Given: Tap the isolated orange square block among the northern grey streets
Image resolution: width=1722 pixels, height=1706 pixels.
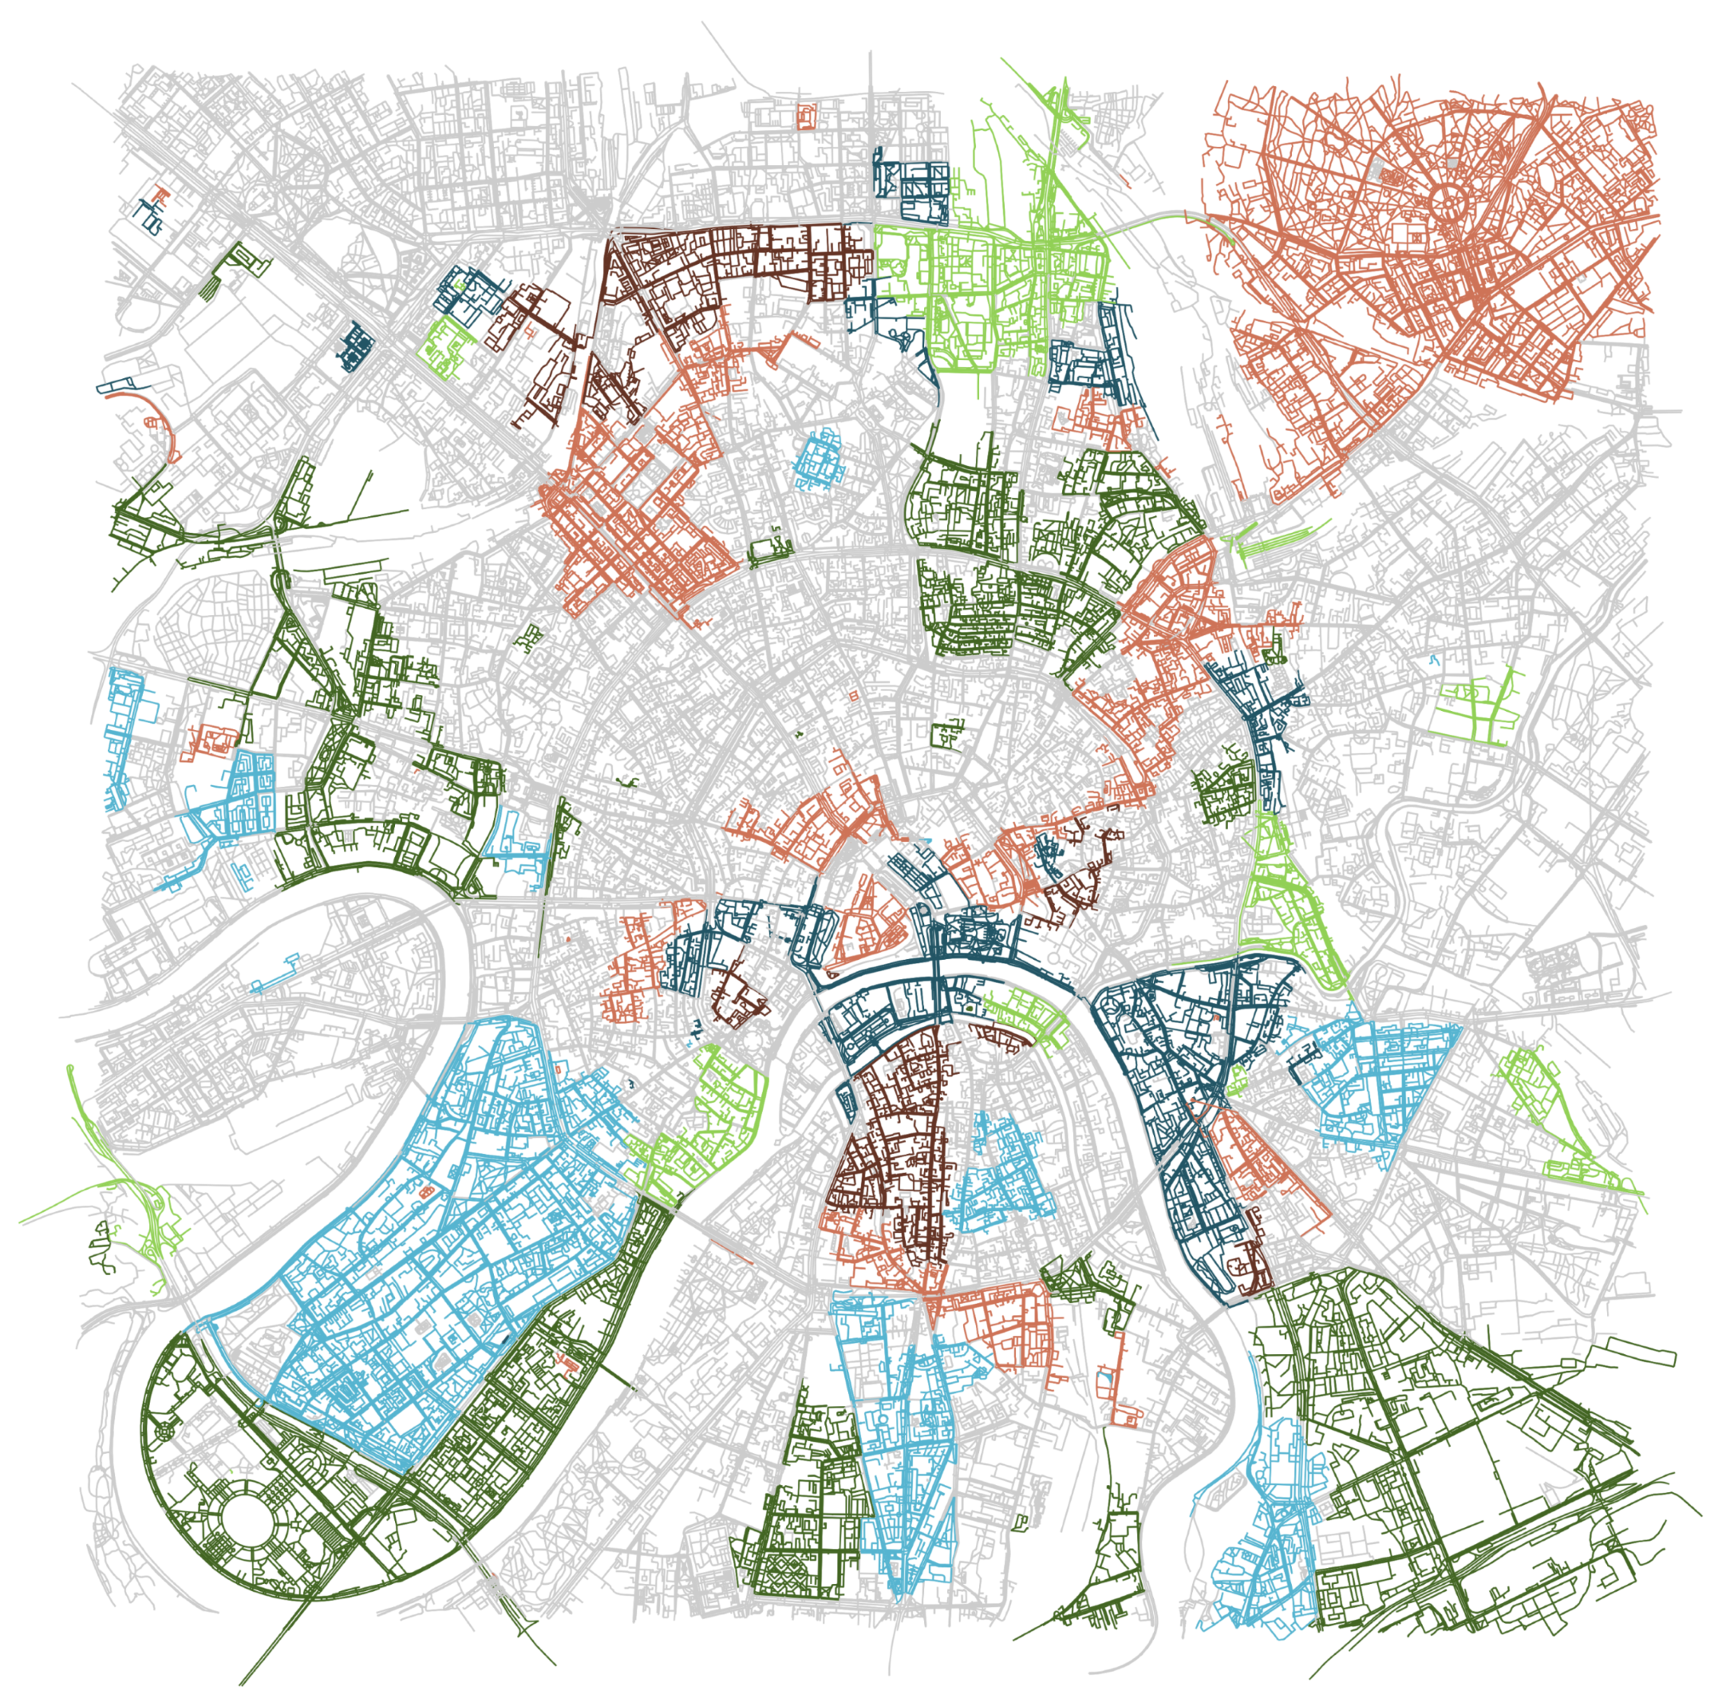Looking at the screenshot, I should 808,116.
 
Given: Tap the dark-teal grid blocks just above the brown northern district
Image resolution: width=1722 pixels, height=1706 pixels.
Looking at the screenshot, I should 914,188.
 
